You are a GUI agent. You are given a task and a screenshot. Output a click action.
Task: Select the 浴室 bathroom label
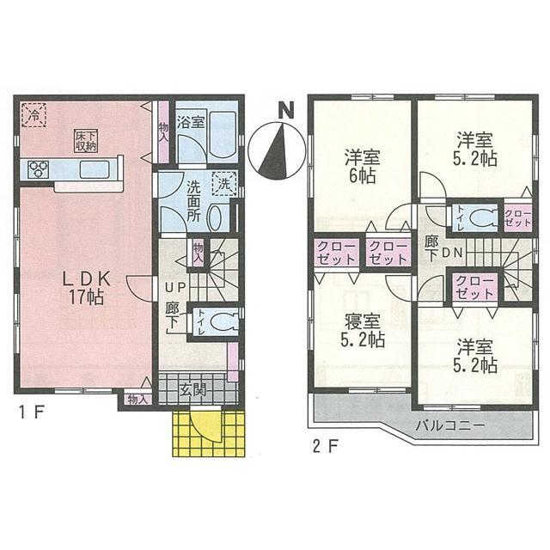[191, 122]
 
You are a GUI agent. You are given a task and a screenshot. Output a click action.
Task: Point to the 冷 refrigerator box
[35, 114]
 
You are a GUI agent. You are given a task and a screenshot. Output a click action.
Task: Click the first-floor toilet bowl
[221, 324]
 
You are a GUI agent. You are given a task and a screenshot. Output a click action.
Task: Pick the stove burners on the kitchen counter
[39, 169]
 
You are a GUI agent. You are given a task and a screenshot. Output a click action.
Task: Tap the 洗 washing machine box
[223, 182]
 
